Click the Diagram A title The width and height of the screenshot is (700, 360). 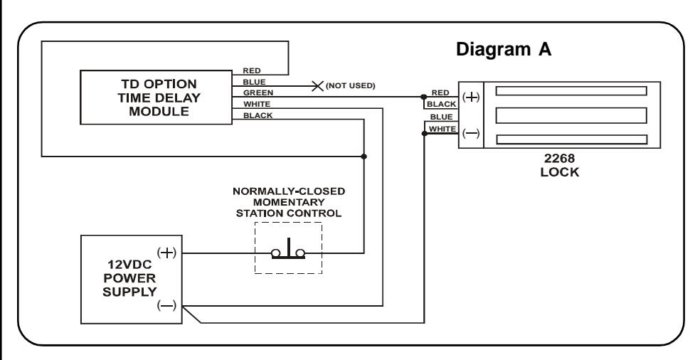click(504, 49)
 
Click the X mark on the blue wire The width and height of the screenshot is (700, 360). click(317, 86)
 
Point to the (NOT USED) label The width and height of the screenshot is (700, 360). click(351, 86)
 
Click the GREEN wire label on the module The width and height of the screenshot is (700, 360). click(258, 93)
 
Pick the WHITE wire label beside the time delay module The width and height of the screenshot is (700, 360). click(257, 104)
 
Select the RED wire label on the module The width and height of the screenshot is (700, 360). click(252, 70)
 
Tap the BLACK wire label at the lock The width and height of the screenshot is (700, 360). click(442, 104)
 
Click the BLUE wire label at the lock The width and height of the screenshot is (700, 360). click(442, 117)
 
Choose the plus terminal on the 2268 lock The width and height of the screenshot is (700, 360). click(471, 97)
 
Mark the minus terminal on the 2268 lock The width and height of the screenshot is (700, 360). click(471, 133)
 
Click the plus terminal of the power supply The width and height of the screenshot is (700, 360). click(167, 253)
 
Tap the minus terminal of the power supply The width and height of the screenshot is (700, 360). click(167, 305)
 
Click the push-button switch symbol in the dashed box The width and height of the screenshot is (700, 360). click(288, 250)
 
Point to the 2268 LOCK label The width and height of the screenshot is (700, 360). click(559, 165)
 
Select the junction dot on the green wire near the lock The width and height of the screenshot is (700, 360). click(423, 97)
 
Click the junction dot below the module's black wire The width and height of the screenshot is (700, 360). click(364, 157)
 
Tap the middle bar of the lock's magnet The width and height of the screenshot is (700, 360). click(571, 116)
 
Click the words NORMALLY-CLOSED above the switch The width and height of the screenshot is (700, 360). click(289, 191)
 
